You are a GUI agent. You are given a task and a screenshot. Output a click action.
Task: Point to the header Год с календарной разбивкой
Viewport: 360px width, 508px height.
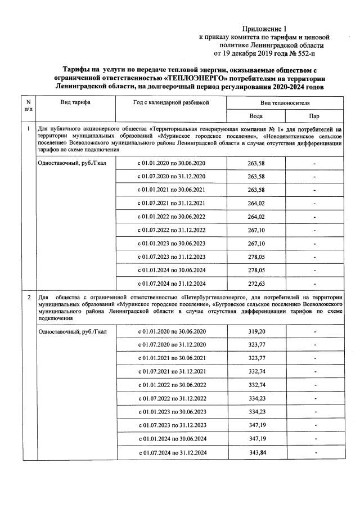(x=172, y=102)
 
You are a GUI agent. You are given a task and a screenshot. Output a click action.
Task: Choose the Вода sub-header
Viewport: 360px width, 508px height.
(x=256, y=116)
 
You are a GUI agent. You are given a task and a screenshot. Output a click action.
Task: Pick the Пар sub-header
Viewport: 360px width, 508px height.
(x=314, y=116)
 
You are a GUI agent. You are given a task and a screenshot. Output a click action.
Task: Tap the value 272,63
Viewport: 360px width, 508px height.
(x=256, y=284)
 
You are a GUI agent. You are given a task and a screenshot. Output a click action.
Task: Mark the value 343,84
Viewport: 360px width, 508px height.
(x=256, y=452)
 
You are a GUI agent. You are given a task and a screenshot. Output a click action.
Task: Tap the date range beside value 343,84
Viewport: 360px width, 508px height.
(x=172, y=452)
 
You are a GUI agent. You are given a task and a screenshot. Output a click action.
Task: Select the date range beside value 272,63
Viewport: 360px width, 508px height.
(x=172, y=284)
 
